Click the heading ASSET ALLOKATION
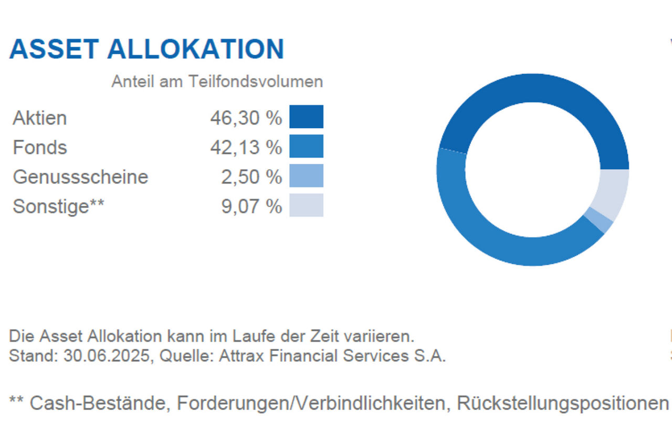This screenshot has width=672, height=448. click(x=146, y=49)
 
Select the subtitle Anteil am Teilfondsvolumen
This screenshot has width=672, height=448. click(x=217, y=82)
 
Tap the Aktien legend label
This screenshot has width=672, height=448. click(x=40, y=118)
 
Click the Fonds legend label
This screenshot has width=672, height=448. click(x=40, y=148)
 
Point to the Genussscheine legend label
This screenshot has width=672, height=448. click(x=80, y=177)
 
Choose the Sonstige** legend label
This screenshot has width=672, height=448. click(x=58, y=206)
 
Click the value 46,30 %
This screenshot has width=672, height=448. click(x=246, y=118)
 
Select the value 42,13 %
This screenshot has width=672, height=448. click(x=246, y=148)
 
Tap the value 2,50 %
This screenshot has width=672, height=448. click(x=251, y=177)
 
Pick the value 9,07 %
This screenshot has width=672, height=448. click(x=251, y=206)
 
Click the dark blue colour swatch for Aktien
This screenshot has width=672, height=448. click(x=306, y=117)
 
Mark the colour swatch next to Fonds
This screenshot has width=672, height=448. click(x=306, y=146)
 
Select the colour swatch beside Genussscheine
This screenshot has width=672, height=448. click(x=306, y=175)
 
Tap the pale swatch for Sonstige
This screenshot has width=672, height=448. click(x=306, y=205)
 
